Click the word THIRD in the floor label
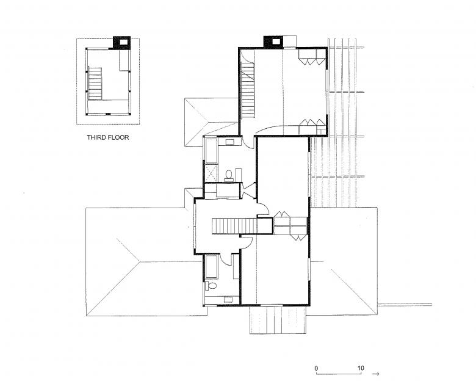pyautogui.click(x=96, y=137)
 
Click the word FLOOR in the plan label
pyautogui.click(x=118, y=137)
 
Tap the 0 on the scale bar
pyautogui.click(x=316, y=369)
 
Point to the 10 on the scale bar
pyautogui.click(x=360, y=368)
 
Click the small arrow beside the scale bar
pyautogui.click(x=376, y=374)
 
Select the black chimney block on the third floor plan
pyautogui.click(x=121, y=42)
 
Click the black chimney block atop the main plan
pyautogui.click(x=273, y=42)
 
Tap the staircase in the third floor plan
pyautogui.click(x=95, y=84)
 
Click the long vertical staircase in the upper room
pyautogui.click(x=247, y=90)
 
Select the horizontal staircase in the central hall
pyautogui.click(x=234, y=226)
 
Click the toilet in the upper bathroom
pyautogui.click(x=229, y=175)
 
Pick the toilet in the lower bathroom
pyautogui.click(x=211, y=286)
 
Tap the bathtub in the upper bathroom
pyautogui.click(x=211, y=151)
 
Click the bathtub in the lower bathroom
pyautogui.click(x=211, y=267)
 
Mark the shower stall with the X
pyautogui.click(x=211, y=173)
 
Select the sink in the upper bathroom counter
pyautogui.click(x=229, y=142)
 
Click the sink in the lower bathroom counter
pyautogui.click(x=228, y=300)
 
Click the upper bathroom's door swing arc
pyautogui.click(x=249, y=142)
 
